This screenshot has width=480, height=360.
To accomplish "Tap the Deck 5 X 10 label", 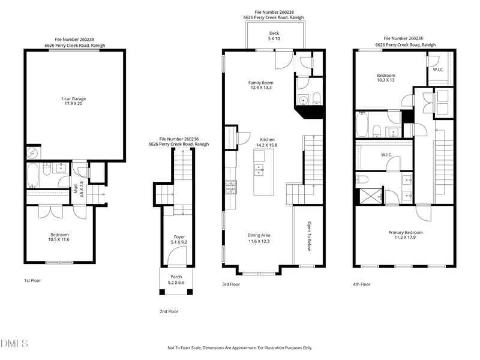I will pos(274,36).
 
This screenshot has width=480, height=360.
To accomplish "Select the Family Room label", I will pos(261,85).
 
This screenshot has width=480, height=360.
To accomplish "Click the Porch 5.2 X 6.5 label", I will pos(176,279).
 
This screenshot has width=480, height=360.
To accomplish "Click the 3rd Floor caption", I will pos(231,284).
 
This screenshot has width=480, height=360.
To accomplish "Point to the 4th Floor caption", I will pos(362,284).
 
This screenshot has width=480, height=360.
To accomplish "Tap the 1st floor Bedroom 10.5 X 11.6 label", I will pos(59,237).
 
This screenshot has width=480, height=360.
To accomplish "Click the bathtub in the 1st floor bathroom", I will pos(34,175).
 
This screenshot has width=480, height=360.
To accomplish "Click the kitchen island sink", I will pos(259,169).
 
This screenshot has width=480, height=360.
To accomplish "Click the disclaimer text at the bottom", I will pos(239,347).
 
